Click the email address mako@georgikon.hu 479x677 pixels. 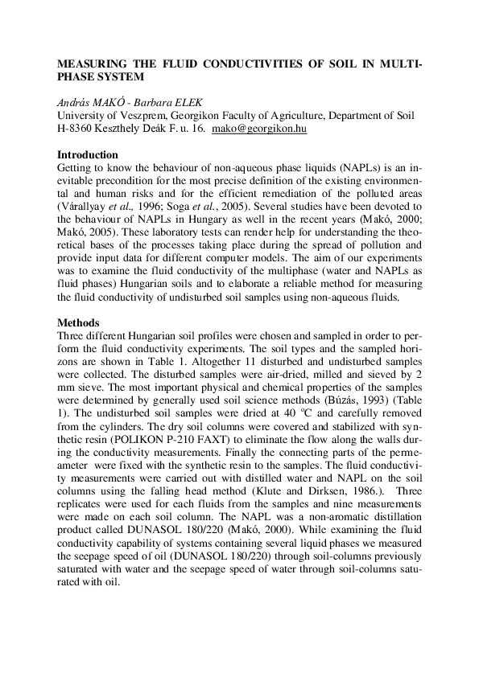[258, 128]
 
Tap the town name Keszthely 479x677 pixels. [133, 128]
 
